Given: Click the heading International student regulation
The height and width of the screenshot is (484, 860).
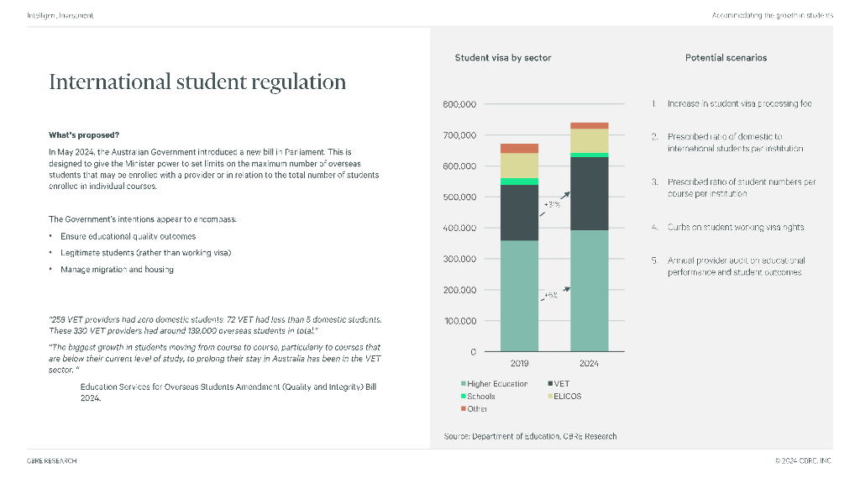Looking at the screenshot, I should [197, 82].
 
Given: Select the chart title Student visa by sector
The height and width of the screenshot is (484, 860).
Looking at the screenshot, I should [502, 58].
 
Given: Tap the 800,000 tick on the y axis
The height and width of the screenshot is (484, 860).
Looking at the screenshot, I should [459, 104].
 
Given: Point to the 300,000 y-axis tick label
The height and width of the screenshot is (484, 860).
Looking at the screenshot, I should [459, 259].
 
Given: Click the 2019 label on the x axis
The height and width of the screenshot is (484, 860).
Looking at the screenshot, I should [520, 363].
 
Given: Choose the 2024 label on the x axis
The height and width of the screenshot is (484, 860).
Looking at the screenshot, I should [589, 363].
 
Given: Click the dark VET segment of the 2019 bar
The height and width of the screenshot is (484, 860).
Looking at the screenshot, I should [520, 212].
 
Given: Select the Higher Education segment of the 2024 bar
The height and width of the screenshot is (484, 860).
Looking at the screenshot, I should [589, 290].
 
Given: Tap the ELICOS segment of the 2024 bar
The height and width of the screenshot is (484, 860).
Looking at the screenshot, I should [589, 140].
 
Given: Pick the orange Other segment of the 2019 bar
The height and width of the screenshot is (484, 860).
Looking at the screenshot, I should [520, 148].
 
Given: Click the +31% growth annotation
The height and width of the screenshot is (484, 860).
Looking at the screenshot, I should [552, 204].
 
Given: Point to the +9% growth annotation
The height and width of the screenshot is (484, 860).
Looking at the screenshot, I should [551, 296].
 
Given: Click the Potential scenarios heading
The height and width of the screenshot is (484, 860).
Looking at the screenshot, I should [726, 58].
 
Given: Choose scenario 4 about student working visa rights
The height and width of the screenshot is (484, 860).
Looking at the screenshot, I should [735, 227].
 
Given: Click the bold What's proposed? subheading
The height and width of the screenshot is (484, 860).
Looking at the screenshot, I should [84, 135].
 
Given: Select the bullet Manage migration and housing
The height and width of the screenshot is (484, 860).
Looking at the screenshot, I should [117, 270].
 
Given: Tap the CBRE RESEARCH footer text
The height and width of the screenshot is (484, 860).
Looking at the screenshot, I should [52, 460].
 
